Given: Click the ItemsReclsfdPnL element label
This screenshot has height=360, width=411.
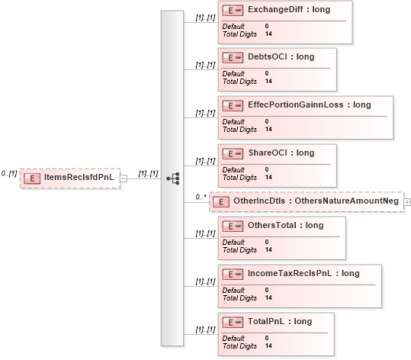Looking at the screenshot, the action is [x=79, y=177].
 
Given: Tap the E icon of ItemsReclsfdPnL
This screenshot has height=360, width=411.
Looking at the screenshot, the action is [x=32, y=178].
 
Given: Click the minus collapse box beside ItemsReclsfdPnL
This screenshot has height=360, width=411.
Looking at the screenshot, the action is [x=124, y=178].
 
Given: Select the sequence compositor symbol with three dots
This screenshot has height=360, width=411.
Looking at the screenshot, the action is [x=173, y=178].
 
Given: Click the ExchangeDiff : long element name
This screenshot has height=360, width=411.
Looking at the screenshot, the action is [x=289, y=10].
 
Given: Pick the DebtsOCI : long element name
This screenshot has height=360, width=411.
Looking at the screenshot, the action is [x=281, y=57].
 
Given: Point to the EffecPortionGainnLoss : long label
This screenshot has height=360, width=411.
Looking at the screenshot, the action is [x=310, y=105].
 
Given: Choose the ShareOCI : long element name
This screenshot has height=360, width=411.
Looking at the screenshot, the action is [x=281, y=153].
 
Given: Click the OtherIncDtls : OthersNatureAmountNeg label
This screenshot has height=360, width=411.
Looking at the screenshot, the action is [x=316, y=201].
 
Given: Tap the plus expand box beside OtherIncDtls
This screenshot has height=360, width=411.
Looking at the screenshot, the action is [x=407, y=202].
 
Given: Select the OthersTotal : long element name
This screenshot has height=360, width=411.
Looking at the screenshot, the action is [x=286, y=225].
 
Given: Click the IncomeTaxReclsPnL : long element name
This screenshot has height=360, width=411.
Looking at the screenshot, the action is [x=303, y=273].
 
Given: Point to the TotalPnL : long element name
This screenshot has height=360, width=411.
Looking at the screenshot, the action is [x=280, y=321].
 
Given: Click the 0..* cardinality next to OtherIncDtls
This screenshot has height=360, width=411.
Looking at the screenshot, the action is [x=201, y=197].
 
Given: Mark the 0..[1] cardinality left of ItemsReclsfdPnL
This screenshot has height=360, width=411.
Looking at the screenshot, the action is [x=9, y=173].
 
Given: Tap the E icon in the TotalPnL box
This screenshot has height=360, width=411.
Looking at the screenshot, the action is [x=233, y=322].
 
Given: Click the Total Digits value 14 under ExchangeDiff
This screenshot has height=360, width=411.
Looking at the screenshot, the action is [x=268, y=34].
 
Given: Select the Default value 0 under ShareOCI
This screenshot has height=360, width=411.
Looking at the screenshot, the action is [x=267, y=169].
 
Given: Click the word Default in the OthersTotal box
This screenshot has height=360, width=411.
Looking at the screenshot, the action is [x=233, y=242].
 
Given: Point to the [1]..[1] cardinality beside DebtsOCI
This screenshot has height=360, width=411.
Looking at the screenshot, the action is [x=206, y=65].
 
